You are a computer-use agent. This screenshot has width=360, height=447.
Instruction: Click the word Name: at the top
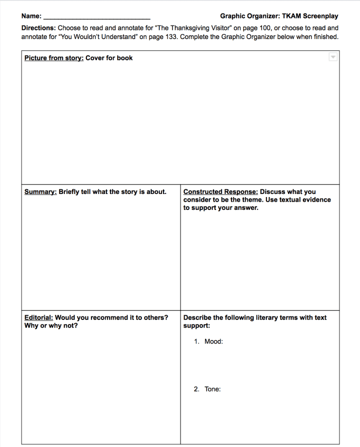(x=31, y=16)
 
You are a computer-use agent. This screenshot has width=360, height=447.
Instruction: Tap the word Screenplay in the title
(x=320, y=16)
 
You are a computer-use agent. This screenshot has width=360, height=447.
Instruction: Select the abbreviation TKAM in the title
(x=291, y=16)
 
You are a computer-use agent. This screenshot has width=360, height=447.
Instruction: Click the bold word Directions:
(x=38, y=28)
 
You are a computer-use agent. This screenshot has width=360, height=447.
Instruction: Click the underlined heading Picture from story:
(x=53, y=58)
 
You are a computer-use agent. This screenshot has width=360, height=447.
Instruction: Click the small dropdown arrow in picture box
(x=333, y=57)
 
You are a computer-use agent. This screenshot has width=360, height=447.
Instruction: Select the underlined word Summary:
(x=40, y=192)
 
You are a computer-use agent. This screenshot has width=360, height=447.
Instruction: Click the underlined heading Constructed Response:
(x=220, y=192)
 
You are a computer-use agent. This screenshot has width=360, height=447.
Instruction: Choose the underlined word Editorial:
(x=39, y=317)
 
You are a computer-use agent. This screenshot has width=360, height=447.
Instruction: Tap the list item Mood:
(x=213, y=342)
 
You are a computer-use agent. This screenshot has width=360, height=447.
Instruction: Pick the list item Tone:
(x=212, y=389)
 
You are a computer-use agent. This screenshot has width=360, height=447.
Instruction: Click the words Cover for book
(x=109, y=58)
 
